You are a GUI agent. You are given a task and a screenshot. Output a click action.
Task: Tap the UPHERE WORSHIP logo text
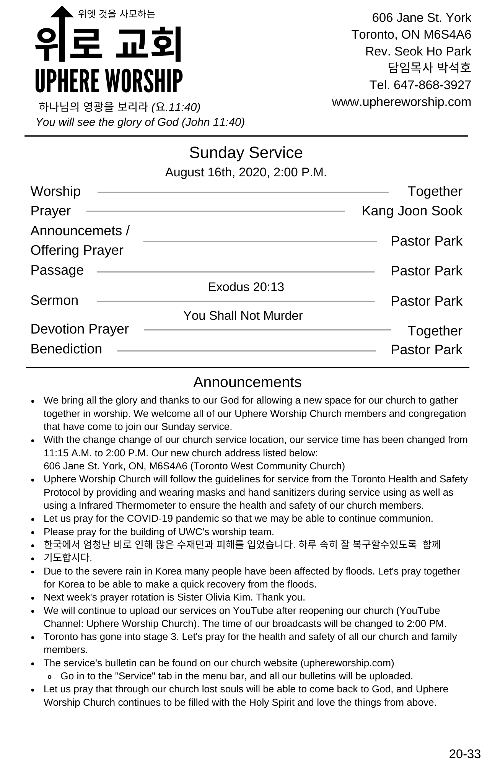109,81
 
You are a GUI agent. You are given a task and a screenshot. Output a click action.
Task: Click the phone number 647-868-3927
432,85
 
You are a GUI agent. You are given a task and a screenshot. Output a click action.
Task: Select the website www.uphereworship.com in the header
401,102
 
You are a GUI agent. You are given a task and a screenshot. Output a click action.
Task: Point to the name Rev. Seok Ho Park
418,51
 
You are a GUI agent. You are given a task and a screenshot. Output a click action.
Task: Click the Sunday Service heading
246,153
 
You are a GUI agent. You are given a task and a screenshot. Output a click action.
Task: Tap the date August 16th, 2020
216,173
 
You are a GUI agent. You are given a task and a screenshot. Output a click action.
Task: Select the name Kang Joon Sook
412,211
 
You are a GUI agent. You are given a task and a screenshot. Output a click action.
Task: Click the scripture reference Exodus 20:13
246,287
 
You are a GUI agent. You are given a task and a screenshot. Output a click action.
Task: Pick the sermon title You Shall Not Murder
243,316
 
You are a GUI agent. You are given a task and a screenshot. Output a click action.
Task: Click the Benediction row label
66,349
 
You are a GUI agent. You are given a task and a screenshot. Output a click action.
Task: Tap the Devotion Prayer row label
80,329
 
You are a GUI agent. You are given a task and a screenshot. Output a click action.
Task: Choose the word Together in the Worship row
435,191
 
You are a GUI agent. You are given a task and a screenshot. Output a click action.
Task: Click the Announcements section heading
247,382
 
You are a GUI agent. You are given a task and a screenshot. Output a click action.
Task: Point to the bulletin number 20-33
464,754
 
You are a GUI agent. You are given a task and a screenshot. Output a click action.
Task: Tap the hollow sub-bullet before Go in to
50,677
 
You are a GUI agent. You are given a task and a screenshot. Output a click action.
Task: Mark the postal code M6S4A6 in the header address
447,34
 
